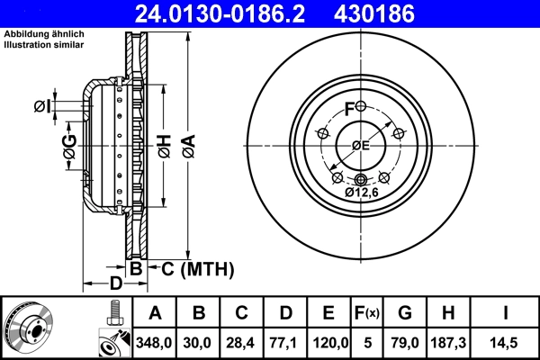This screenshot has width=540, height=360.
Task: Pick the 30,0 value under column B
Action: pyautogui.click(x=199, y=342)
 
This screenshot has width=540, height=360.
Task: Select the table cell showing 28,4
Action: pyautogui.click(x=242, y=342)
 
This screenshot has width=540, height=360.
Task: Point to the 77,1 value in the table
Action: pyautogui.click(x=285, y=342)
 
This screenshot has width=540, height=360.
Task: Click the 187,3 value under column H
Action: pyautogui.click(x=448, y=342)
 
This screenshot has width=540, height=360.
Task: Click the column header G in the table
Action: pyautogui.click(x=405, y=313)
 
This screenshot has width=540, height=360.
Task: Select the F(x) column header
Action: pyautogui.click(x=367, y=313)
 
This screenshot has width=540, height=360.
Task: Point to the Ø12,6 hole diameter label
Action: pyautogui.click(x=363, y=192)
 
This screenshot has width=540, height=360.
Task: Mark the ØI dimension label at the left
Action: pyautogui.click(x=41, y=107)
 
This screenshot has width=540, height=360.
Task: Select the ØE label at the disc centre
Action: pyautogui.click(x=361, y=146)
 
